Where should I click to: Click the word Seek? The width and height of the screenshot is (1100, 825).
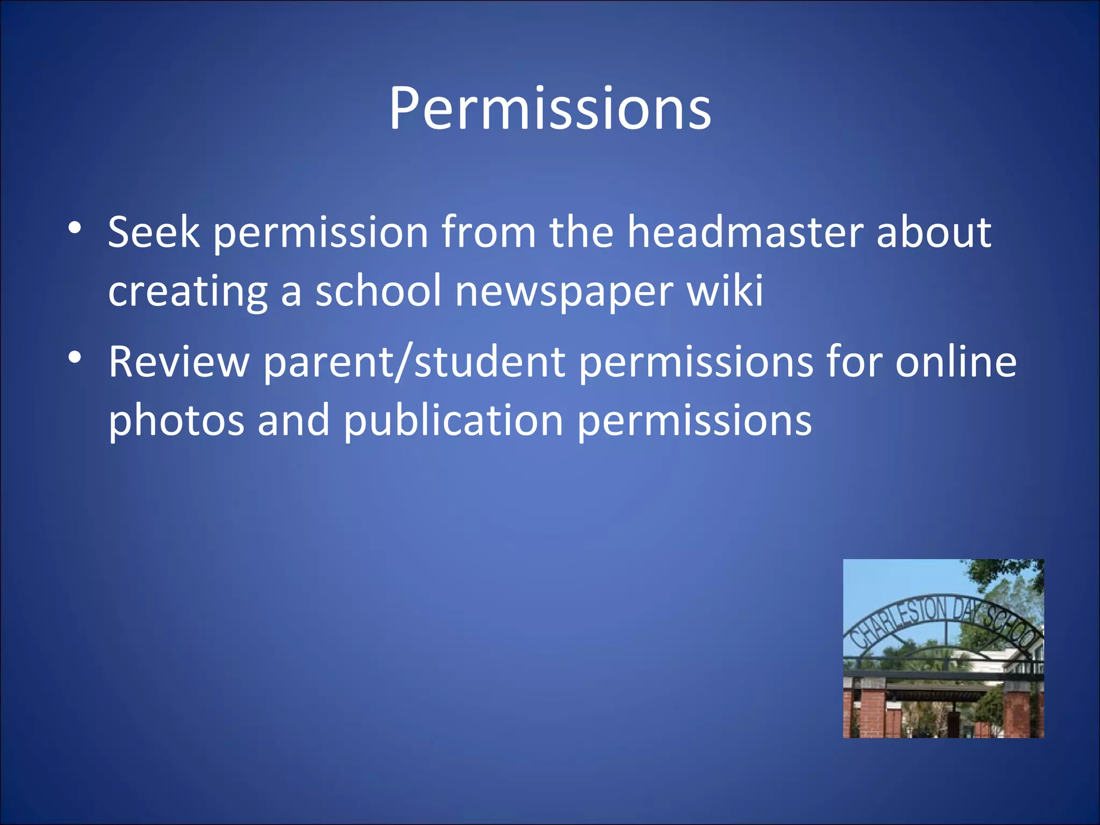click(x=153, y=232)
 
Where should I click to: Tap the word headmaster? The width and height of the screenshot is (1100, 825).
click(x=745, y=232)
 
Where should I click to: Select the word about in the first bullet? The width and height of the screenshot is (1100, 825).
click(x=933, y=232)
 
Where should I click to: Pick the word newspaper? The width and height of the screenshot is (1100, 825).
click(x=564, y=292)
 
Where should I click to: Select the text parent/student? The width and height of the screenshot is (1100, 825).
click(x=414, y=363)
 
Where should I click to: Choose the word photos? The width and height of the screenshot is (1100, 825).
click(x=176, y=421)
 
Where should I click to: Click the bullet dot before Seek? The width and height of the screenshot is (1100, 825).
click(x=75, y=228)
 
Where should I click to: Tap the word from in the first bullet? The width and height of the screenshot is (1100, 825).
click(x=488, y=232)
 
